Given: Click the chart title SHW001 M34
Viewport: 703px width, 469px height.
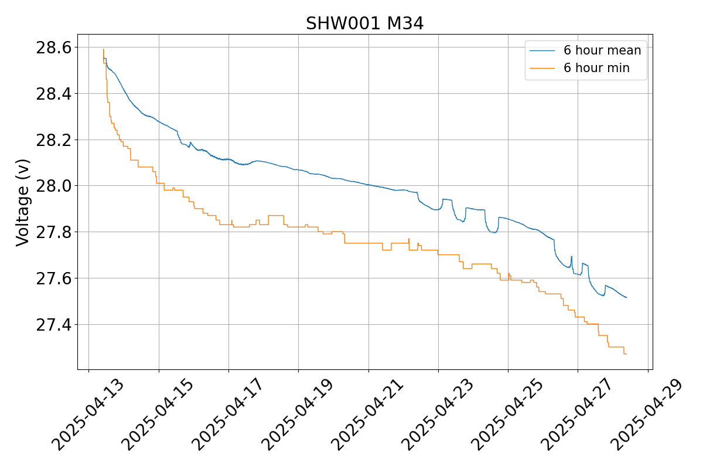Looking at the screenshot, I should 364,23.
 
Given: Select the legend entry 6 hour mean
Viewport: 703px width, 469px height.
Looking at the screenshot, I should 602,50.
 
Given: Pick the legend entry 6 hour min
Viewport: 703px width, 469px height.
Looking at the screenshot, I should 596,68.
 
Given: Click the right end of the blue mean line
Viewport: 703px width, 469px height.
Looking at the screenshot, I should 626,298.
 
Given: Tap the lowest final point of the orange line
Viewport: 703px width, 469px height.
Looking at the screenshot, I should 626,354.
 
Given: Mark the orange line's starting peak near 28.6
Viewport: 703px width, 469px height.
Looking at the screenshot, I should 103,49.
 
